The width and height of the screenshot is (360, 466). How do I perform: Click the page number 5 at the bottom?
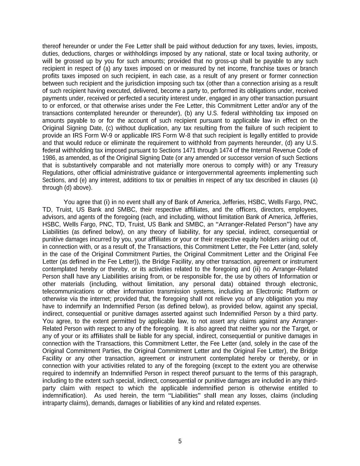click(180, 441)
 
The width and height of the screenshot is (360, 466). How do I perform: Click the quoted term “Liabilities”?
click(185, 396)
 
